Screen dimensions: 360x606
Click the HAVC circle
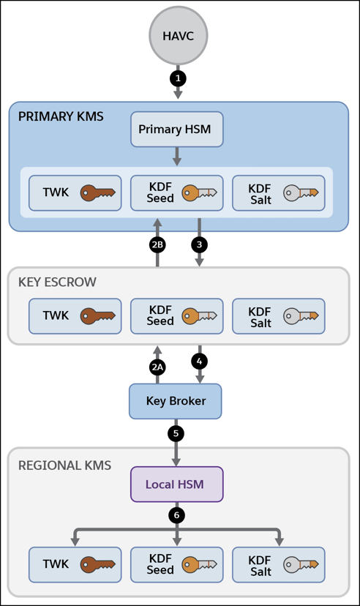178,36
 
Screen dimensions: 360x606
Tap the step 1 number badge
178,78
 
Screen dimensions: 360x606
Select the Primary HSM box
177,130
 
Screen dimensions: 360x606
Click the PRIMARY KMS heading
61,116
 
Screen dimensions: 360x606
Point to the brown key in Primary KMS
98,192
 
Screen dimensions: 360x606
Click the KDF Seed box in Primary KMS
177,193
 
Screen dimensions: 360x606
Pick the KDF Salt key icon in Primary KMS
301,192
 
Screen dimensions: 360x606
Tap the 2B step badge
157,244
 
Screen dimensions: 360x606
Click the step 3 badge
199,244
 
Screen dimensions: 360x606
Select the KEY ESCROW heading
57,282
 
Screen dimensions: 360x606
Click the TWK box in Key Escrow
75,315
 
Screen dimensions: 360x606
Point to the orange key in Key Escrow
199,315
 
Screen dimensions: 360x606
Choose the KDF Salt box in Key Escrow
279,315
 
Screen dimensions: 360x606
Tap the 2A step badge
157,367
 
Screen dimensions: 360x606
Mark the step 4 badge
199,362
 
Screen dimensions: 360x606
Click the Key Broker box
176,401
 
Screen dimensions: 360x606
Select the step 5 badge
176,433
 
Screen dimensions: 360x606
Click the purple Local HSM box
177,485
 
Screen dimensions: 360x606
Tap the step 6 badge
176,515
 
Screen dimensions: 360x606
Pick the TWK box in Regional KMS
75,564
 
